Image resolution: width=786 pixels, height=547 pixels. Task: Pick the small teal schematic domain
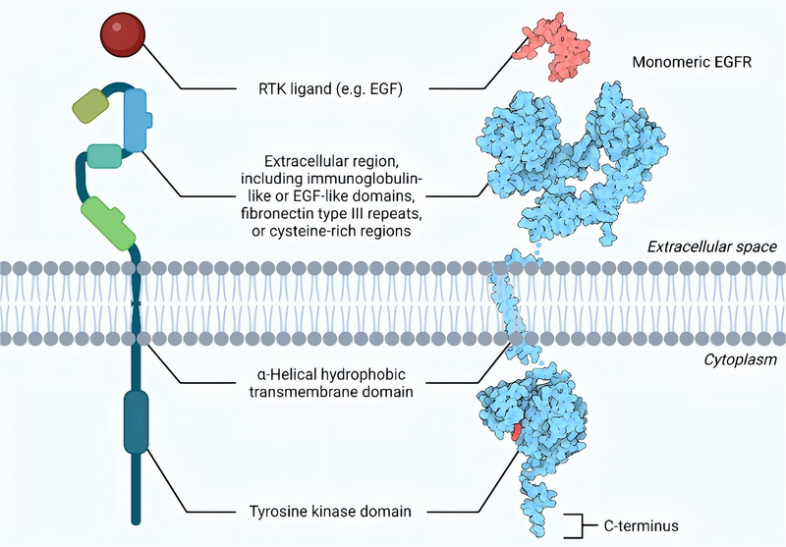tap(104, 155)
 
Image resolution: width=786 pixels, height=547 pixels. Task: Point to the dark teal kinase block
tap(136, 421)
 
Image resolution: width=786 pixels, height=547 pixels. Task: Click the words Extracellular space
tap(711, 246)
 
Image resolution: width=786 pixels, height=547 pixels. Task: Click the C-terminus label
tap(646, 525)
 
